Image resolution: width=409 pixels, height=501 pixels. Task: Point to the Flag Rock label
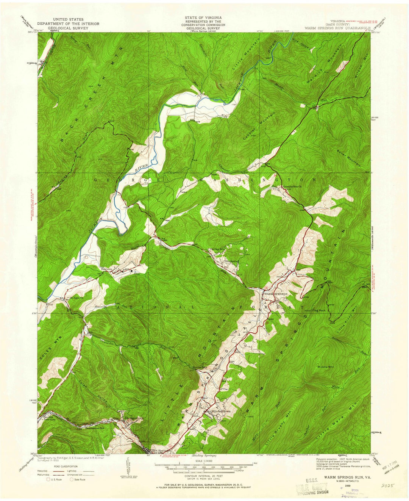tap(317, 310)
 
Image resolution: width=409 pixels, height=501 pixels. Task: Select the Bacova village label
tap(106, 269)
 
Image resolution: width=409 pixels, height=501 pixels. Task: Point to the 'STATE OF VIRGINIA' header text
tap(203, 18)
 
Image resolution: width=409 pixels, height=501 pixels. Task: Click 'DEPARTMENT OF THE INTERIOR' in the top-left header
tap(69, 23)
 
